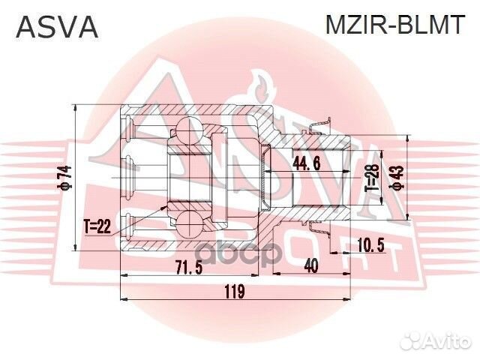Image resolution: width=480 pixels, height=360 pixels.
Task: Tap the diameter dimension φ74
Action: click(65, 177)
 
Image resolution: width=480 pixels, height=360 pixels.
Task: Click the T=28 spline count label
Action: click(370, 177)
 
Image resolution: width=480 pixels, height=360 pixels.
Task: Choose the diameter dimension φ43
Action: click(398, 177)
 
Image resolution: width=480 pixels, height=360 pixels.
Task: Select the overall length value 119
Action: click(235, 292)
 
